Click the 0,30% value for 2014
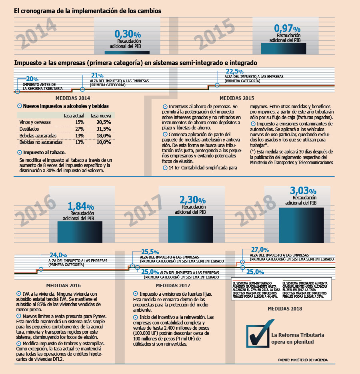(x=128, y=34)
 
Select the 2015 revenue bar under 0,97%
(x=284, y=49)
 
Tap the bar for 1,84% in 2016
(x=80, y=232)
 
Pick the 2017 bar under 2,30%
(x=190, y=229)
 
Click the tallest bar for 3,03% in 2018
(x=301, y=225)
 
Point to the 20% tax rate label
(x=32, y=79)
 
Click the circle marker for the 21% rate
(x=82, y=89)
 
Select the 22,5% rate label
(x=235, y=71)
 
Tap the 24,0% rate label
(x=58, y=255)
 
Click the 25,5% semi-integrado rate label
(x=150, y=252)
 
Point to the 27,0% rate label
(x=260, y=249)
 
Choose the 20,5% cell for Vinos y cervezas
(x=104, y=122)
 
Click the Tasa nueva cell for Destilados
(x=104, y=129)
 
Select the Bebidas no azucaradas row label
(x=41, y=142)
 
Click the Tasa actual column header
(x=74, y=116)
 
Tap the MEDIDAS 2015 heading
(x=237, y=98)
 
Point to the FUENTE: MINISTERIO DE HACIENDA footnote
(x=303, y=360)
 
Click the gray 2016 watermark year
(x=35, y=210)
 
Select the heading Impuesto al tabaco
(x=44, y=152)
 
